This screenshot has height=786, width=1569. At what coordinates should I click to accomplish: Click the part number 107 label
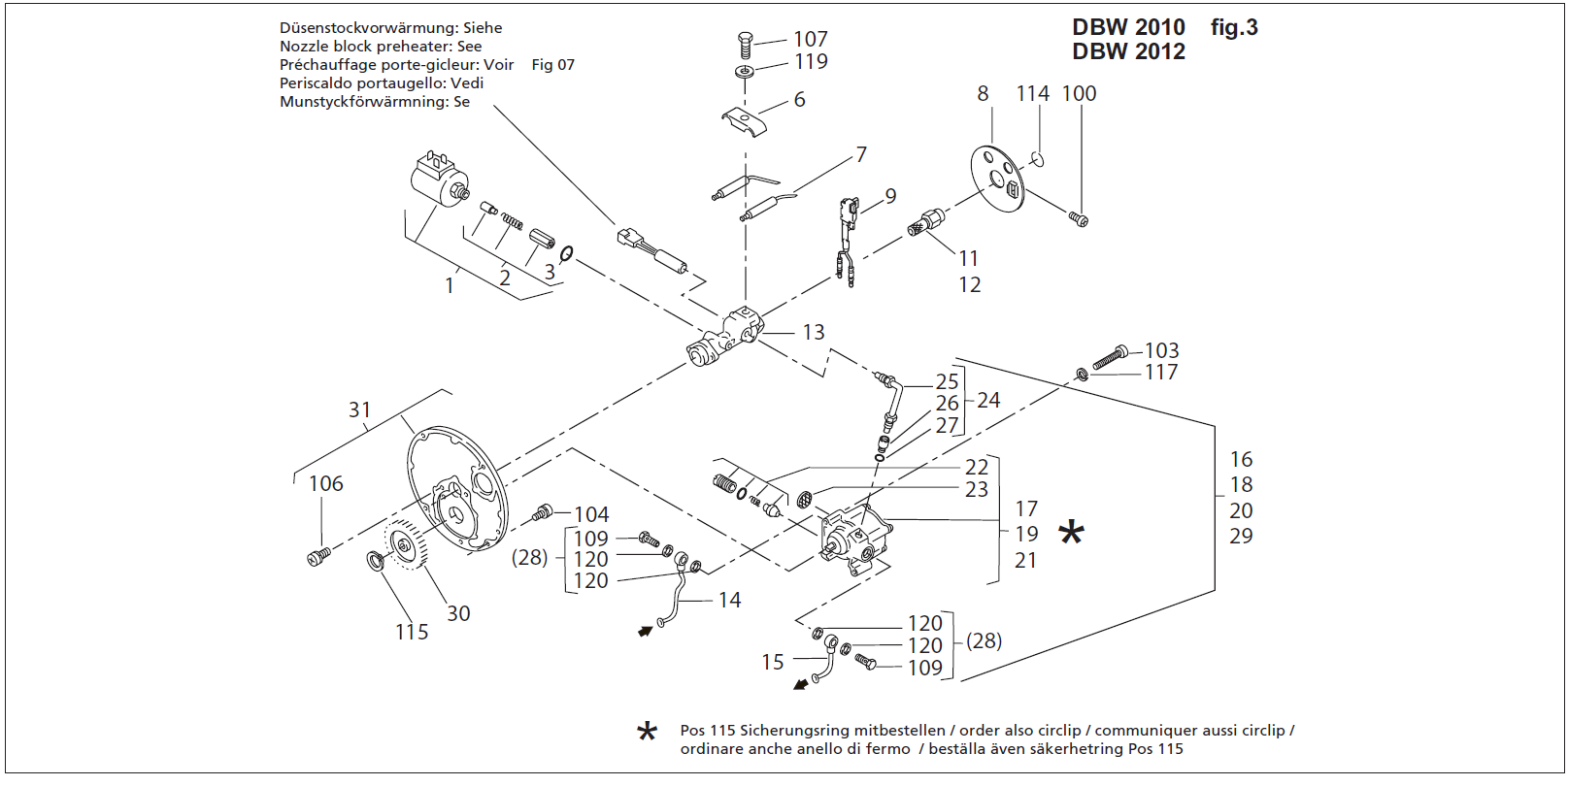810,39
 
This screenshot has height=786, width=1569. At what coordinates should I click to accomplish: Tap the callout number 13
813,333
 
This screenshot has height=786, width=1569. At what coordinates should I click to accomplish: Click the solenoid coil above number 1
440,180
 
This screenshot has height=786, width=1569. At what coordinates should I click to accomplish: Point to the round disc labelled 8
997,179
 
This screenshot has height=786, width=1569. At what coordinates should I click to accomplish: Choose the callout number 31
359,410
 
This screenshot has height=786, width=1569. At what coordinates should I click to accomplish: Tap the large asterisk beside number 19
1071,533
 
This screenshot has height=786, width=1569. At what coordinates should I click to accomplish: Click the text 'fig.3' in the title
1233,28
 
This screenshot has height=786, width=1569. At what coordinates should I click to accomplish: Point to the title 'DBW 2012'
1128,52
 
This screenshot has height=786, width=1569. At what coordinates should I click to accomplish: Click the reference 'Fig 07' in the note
552,65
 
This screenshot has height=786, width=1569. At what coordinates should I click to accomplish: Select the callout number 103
1161,350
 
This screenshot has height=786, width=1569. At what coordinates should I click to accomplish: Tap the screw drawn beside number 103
1110,358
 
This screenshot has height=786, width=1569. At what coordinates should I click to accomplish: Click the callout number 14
729,601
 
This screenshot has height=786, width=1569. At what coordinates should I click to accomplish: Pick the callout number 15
772,662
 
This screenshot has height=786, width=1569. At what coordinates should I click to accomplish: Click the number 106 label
326,483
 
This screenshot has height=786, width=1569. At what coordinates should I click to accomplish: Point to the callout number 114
1032,94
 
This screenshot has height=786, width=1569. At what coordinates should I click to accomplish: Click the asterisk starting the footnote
647,733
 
